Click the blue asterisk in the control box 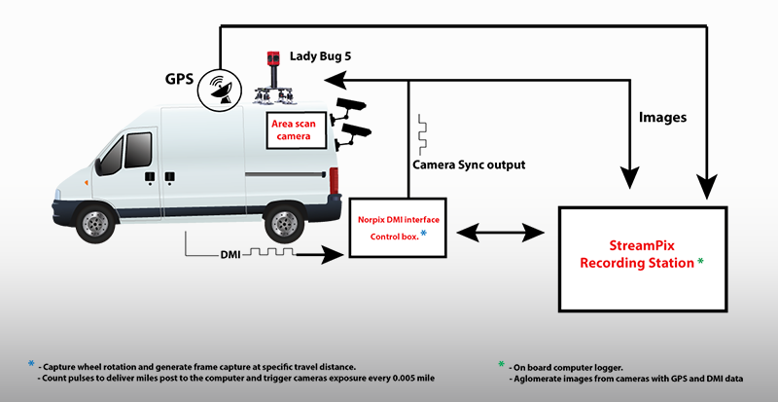tap(423, 233)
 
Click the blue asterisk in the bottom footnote tap(32, 364)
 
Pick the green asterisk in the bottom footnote tap(501, 364)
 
